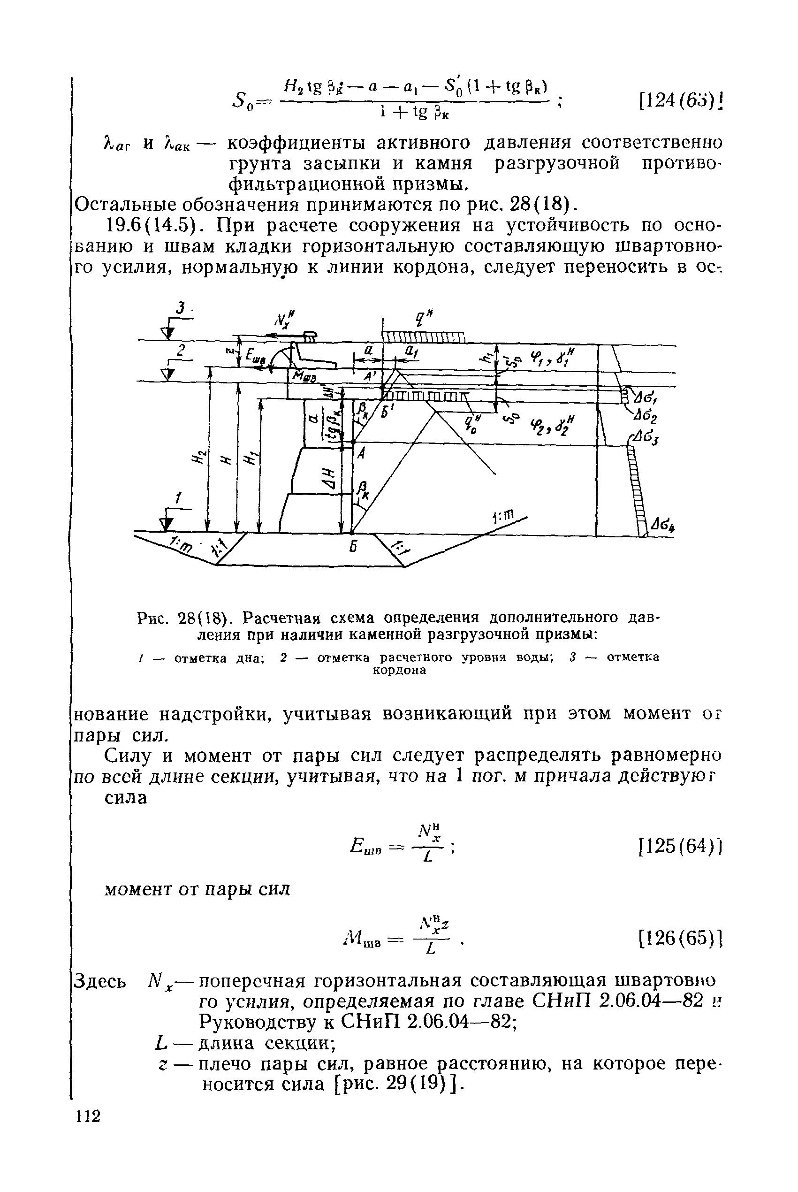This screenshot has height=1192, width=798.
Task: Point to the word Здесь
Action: (x=100, y=980)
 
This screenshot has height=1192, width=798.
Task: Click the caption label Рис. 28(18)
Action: (x=186, y=619)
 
